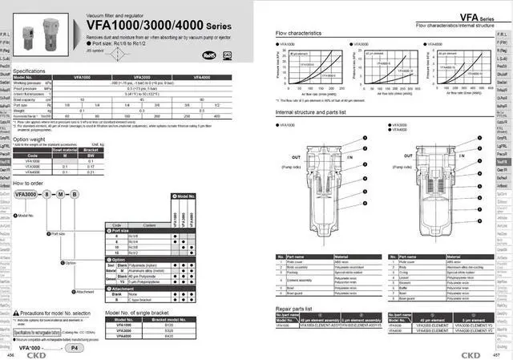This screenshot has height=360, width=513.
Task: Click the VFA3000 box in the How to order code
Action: point(26,195)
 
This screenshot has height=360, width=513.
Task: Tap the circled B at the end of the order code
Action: point(77,195)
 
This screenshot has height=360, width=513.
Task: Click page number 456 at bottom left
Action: point(11,353)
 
